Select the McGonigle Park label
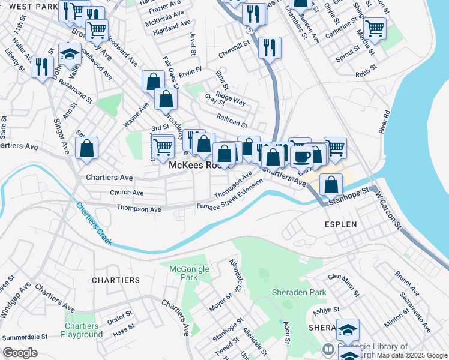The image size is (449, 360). (x=184, y=273)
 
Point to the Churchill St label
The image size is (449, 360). (x=234, y=49)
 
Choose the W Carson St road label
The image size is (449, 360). (x=388, y=210)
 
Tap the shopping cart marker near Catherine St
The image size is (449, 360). (x=375, y=28)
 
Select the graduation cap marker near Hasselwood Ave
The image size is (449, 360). (x=70, y=53)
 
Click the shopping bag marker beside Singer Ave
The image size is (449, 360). (x=87, y=148)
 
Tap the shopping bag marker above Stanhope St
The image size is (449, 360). (x=331, y=185)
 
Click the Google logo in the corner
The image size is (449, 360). (x=20, y=352)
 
